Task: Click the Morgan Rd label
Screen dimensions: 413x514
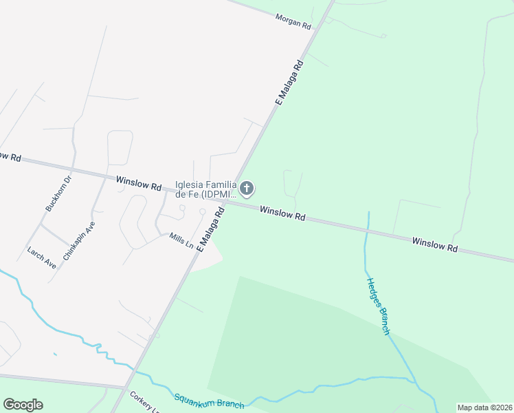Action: click(x=293, y=21)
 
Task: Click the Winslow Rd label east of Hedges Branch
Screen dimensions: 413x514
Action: click(x=434, y=244)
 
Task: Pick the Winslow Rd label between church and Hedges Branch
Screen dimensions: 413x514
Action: click(x=282, y=212)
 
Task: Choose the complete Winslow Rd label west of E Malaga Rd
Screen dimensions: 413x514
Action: click(x=138, y=183)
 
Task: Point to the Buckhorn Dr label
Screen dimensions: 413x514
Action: click(x=58, y=194)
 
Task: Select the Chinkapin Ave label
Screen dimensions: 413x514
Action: click(x=78, y=240)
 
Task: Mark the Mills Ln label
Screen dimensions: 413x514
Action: click(x=181, y=241)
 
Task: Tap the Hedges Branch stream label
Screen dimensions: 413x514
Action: click(x=378, y=306)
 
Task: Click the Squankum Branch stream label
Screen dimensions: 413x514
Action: click(x=209, y=401)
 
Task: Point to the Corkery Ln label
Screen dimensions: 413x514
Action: click(x=145, y=402)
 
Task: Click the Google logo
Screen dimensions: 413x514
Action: click(x=23, y=404)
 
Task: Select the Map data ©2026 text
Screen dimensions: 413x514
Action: click(x=484, y=407)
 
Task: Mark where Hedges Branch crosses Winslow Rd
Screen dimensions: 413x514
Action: click(x=366, y=230)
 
